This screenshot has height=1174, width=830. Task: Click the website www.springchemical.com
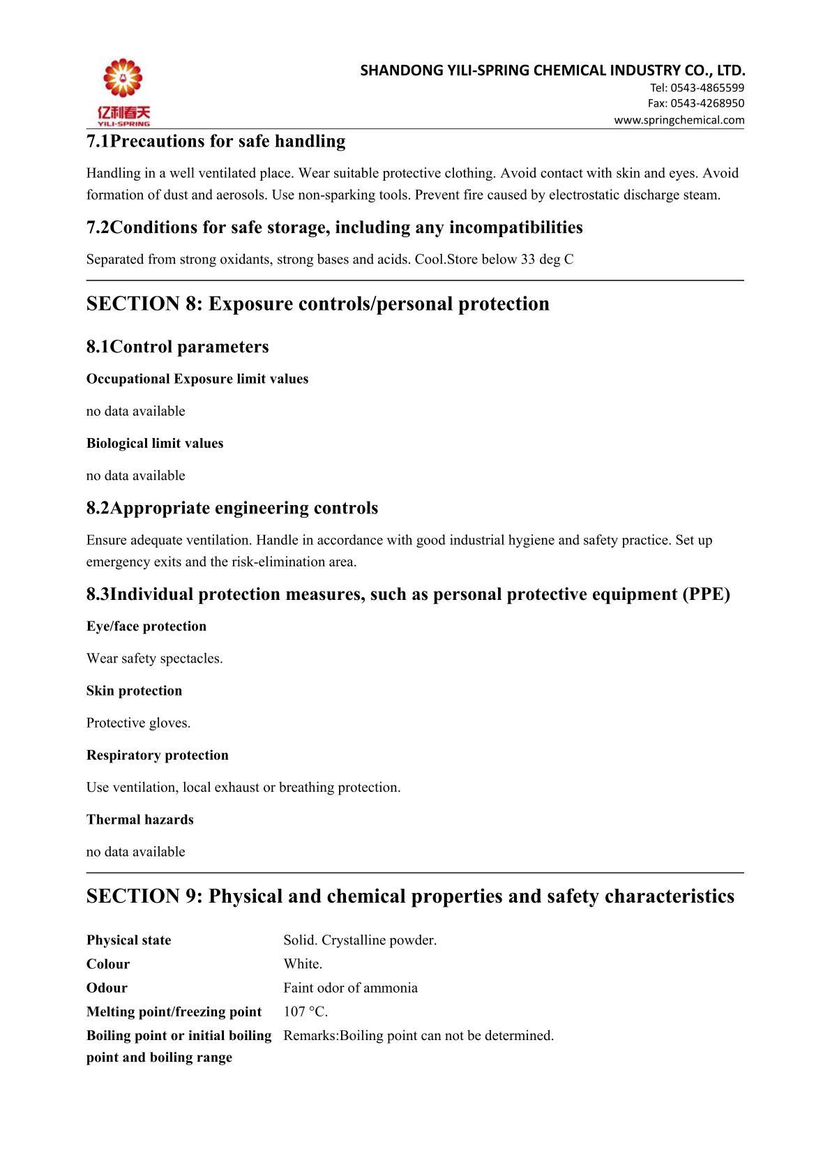coord(679,120)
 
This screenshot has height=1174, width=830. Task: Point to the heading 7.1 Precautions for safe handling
coord(216,142)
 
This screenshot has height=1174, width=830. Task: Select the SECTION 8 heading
coord(317,304)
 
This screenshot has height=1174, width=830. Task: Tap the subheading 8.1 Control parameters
coord(177,347)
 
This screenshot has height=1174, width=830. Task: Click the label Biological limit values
coord(155,444)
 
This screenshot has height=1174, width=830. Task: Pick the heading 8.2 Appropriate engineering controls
coord(232,508)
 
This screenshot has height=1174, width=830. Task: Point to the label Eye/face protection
coord(146,626)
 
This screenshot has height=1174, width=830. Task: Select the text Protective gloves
coord(138,723)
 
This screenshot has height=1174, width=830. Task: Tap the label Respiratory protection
coord(157,755)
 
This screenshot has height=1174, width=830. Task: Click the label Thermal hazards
coord(140,820)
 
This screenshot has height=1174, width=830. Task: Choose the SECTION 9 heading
coord(410,896)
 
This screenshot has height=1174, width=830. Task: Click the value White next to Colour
coord(302,964)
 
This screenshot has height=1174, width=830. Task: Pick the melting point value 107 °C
coord(305,1012)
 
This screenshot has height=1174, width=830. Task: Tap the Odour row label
coord(107,988)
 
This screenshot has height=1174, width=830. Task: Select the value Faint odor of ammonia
coord(350,988)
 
